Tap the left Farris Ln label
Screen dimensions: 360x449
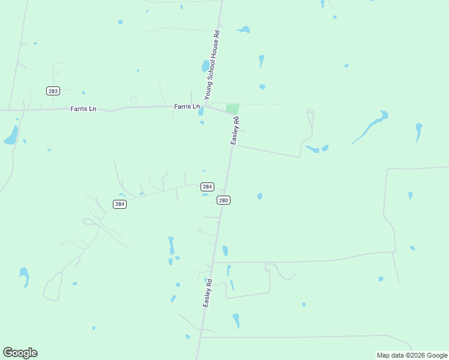83,109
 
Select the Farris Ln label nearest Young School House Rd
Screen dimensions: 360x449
187,107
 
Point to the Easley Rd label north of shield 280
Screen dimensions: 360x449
235,130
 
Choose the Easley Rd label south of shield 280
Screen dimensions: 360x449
208,293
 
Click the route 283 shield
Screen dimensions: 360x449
52,91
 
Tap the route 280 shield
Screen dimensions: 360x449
223,200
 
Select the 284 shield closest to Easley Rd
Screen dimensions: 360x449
206,187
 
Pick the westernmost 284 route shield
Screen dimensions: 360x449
119,204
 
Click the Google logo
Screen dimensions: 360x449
20,353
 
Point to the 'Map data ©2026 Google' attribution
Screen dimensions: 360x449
412,355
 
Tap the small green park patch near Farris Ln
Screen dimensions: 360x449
232,109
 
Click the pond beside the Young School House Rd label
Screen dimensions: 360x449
206,65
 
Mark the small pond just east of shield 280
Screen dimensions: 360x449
259,196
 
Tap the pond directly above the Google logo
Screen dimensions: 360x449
24,276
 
